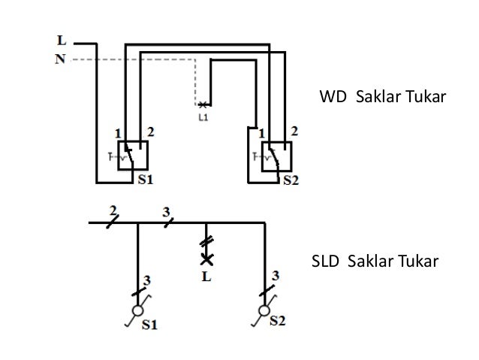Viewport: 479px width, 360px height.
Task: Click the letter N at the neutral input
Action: click(x=59, y=59)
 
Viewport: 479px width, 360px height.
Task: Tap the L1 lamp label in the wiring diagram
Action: click(x=203, y=117)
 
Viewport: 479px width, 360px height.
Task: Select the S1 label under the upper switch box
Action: click(x=146, y=180)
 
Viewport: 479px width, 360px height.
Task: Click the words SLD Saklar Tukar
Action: click(x=373, y=262)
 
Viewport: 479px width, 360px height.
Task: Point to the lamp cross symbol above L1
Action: click(x=202, y=104)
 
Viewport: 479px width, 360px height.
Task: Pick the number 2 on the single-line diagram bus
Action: click(x=113, y=209)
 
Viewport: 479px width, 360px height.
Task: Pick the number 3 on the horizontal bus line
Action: click(x=165, y=210)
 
